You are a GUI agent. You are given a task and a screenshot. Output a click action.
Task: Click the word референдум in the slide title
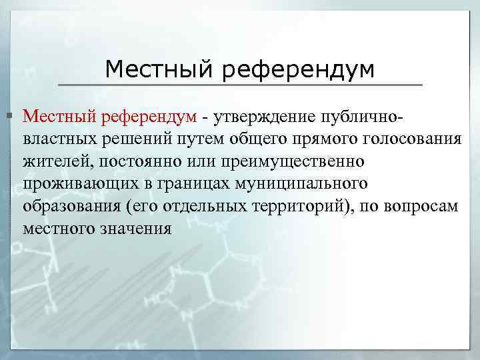(299, 69)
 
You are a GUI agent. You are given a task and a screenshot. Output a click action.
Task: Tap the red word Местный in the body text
(59, 117)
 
